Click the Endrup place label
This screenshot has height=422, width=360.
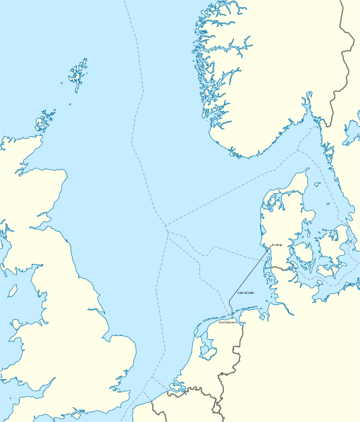[276, 245]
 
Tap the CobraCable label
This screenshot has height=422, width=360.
[246, 292]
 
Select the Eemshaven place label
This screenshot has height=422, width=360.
[227, 322]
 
